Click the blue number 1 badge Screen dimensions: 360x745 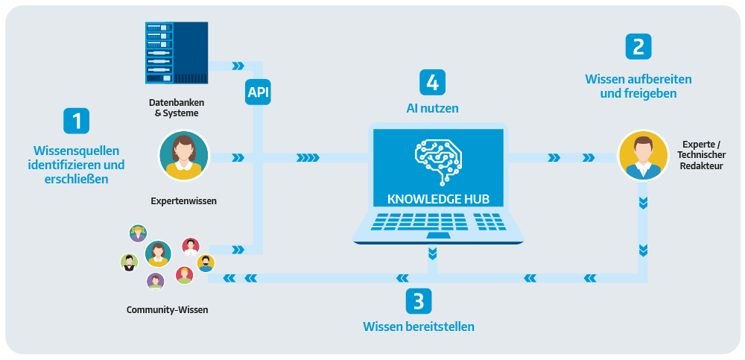(76, 121)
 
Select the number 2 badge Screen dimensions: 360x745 (638, 46)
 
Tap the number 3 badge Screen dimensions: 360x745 (418, 301)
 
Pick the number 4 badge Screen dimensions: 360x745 (432, 81)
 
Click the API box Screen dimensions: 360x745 (259, 92)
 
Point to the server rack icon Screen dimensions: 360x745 (176, 52)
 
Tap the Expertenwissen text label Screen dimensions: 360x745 (179, 201)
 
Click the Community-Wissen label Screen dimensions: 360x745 (167, 309)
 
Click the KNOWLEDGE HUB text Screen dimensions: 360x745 (439, 199)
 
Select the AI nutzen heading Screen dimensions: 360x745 (432, 108)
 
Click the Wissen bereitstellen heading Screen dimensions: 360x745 (418, 326)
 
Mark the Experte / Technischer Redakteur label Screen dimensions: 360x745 (703, 155)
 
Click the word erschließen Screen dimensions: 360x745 (76, 179)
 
